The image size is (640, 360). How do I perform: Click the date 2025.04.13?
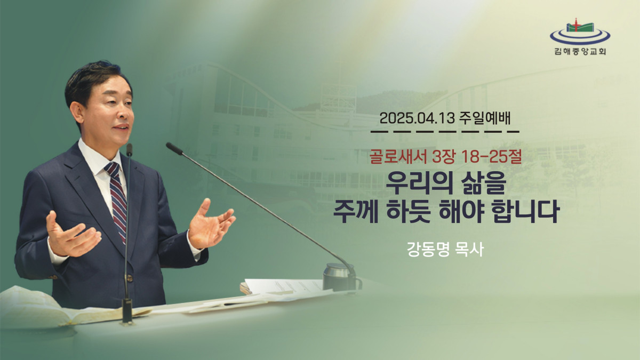tap(417, 119)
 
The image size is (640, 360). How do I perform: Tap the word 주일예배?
tap(485, 118)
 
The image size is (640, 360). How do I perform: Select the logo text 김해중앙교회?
tap(580, 52)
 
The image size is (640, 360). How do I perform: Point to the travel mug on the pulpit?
tap(341, 277)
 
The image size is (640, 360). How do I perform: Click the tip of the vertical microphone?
tap(129, 149)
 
